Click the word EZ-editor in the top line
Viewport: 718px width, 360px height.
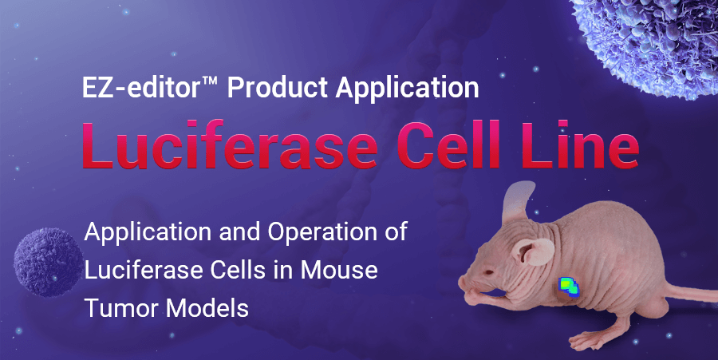(x=140, y=86)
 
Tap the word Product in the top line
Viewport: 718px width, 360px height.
(x=277, y=86)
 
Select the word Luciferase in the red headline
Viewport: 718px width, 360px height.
(x=230, y=144)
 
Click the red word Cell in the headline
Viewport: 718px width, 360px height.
(x=448, y=144)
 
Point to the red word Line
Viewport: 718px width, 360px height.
(x=580, y=144)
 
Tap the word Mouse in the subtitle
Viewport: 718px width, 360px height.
(x=339, y=270)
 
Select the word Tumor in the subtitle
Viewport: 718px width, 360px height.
(x=122, y=308)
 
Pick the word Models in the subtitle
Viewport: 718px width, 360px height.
(x=207, y=308)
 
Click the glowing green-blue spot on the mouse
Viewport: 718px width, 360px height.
(x=568, y=287)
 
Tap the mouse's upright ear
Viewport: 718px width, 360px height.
(x=519, y=203)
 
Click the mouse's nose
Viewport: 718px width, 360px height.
(x=462, y=281)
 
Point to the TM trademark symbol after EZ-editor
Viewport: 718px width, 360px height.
(x=210, y=81)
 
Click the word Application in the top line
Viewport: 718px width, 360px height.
(x=408, y=86)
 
